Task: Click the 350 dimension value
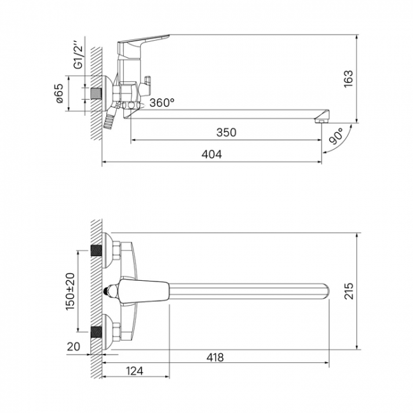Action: (226, 132)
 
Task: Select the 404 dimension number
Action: (212, 154)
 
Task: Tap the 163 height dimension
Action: (348, 79)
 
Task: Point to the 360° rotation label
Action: (162, 102)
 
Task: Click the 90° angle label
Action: (337, 136)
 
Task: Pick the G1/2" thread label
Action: (78, 55)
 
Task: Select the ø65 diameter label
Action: (60, 93)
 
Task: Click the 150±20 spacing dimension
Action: (71, 291)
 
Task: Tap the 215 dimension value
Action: (349, 291)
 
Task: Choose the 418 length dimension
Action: (215, 358)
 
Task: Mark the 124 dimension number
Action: (135, 371)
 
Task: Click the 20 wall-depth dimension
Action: (73, 347)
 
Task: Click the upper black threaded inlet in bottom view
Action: (97, 250)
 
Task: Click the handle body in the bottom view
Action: (143, 291)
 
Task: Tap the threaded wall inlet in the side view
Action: (96, 93)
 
